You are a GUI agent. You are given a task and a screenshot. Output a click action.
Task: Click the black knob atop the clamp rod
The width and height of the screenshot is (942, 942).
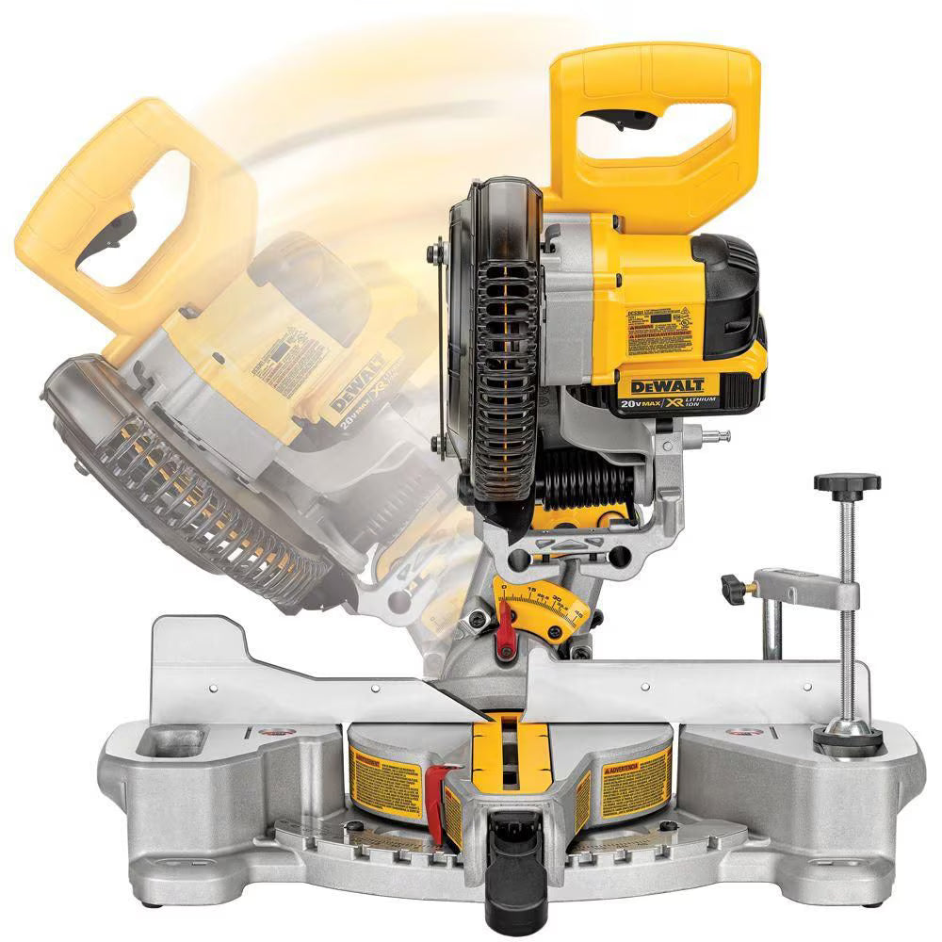pos(847,484)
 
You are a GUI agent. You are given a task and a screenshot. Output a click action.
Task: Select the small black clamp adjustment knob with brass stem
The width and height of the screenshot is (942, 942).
pos(732,589)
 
